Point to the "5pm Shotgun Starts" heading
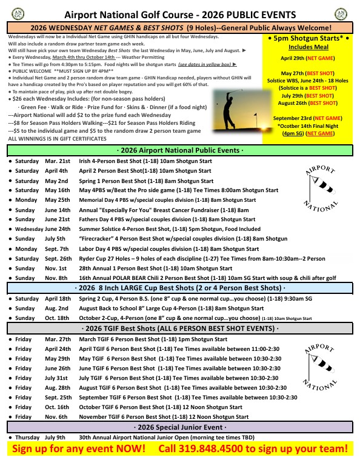[308, 38]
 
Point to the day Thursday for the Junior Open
[28, 437]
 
